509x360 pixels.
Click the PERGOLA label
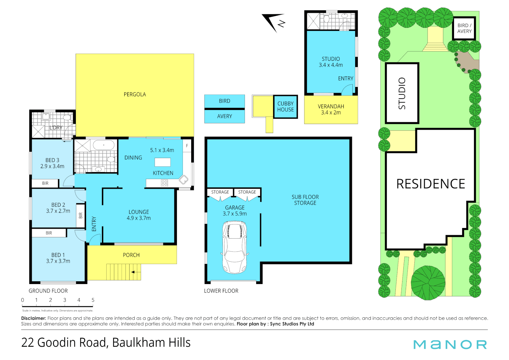(x=135, y=94)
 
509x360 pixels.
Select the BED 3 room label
(x=52, y=160)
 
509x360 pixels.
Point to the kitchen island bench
(x=163, y=162)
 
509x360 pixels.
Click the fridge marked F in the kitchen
(x=187, y=146)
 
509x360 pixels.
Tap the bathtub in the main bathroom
(x=104, y=145)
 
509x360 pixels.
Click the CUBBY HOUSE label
(x=285, y=106)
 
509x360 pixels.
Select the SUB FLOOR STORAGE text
(x=305, y=200)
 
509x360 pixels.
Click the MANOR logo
(x=450, y=344)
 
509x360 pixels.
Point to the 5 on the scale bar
(x=93, y=300)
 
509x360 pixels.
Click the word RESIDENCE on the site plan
(x=430, y=184)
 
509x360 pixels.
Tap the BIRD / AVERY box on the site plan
(x=464, y=28)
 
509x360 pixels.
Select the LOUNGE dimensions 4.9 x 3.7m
(x=139, y=218)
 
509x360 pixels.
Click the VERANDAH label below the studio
(x=331, y=106)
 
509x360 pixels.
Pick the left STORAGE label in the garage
(x=220, y=192)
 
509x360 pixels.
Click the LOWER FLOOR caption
(x=221, y=291)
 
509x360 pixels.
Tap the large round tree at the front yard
(x=428, y=282)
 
